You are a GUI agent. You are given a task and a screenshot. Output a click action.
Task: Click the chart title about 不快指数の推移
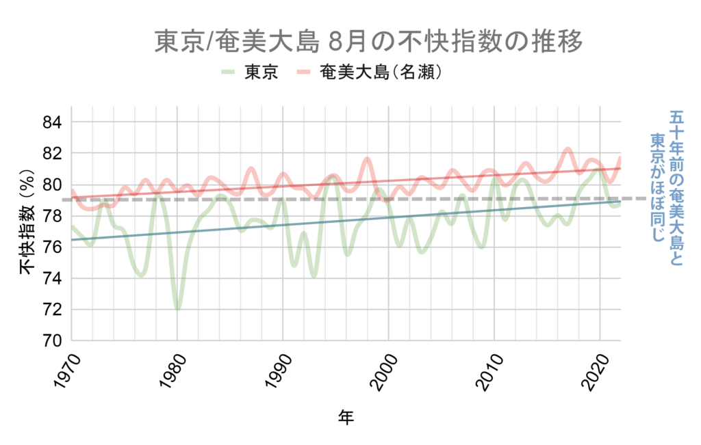click(x=368, y=42)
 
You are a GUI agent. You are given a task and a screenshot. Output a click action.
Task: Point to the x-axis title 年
click(x=346, y=417)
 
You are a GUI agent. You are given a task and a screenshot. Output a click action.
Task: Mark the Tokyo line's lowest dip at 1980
click(x=177, y=308)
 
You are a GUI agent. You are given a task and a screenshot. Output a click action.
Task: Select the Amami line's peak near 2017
click(x=568, y=149)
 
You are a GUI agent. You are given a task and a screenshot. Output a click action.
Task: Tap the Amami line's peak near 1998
click(x=368, y=159)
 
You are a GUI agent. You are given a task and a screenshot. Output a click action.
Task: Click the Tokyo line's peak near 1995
click(x=333, y=177)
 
